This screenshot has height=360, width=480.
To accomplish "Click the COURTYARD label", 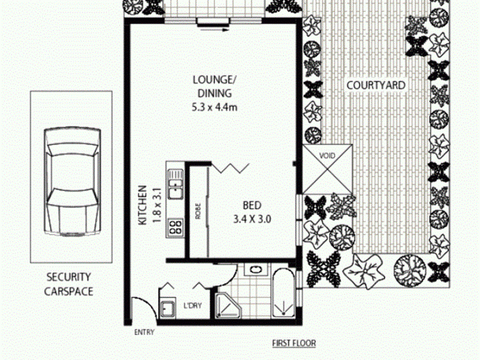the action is pos(376,85).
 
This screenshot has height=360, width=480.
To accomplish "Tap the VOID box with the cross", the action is pos(328,169).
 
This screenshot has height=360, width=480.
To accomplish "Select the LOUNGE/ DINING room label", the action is pos(215,86).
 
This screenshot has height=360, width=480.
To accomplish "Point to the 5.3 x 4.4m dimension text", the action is pos(214,107).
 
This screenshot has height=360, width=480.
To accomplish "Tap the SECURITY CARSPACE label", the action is pos(68,284).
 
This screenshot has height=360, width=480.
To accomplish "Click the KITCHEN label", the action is pos(143,205).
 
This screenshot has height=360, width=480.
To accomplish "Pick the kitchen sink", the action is pos(176,185).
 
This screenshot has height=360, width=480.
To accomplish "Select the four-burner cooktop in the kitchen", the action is pos(175,227).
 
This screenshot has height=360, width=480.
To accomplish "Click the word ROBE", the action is pos(198,211).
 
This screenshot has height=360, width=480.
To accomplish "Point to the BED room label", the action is pos(252,205).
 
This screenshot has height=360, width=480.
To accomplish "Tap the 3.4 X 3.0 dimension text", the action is pos(252,219).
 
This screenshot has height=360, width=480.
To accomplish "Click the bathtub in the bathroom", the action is pos(283,293).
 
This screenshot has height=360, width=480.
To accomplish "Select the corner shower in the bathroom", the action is pos(228,305).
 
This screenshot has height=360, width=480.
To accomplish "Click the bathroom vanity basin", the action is pos(254,269).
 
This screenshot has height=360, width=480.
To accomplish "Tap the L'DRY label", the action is pos(193,305).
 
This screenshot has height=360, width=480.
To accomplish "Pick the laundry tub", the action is pos(167,308).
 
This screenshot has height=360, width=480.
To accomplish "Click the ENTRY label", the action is pos(145,332).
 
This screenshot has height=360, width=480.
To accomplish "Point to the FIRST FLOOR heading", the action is pos(294,343).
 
